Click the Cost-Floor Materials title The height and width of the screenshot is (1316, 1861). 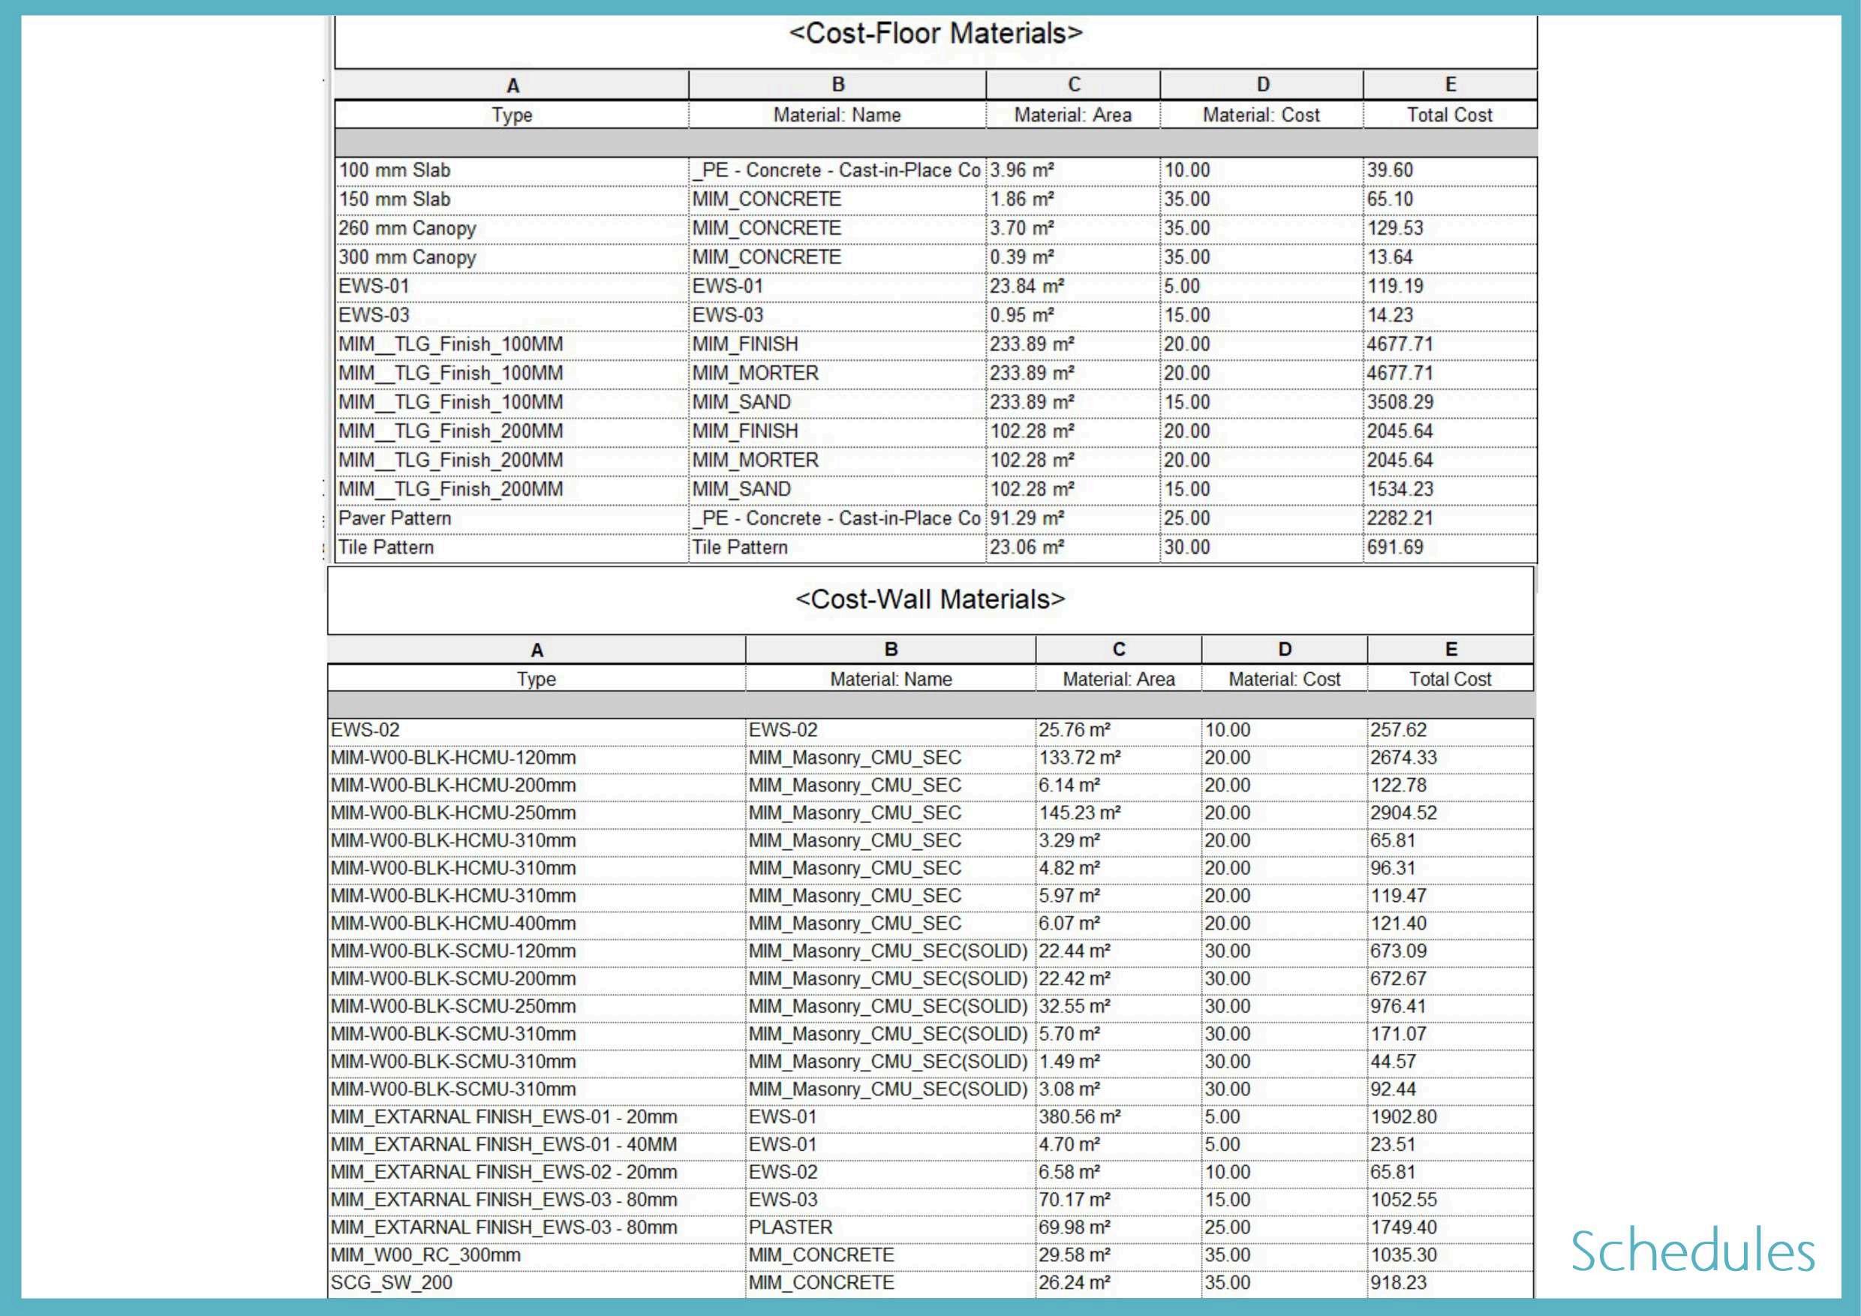(x=935, y=33)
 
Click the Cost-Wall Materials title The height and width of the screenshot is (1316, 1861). (x=930, y=599)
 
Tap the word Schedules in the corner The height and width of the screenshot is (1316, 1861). (x=1692, y=1252)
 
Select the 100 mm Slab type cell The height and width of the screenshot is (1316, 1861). (x=395, y=170)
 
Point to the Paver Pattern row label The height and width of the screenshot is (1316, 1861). (x=395, y=518)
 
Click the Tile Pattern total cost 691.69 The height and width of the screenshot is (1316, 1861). (x=1395, y=548)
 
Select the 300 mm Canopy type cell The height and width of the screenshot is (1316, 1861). (x=407, y=257)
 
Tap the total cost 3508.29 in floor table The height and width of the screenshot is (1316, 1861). (x=1400, y=403)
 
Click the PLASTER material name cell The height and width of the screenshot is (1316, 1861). (x=790, y=1227)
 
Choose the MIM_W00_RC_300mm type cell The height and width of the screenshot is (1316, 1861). (x=425, y=1255)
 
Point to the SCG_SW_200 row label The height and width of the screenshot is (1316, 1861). (x=392, y=1283)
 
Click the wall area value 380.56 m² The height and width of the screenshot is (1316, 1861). (x=1080, y=1116)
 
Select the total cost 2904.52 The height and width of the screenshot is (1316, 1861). (x=1403, y=813)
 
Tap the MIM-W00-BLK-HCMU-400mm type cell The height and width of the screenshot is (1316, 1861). (x=453, y=924)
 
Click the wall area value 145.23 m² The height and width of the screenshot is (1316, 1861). (x=1080, y=813)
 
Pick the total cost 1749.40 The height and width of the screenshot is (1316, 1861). (x=1403, y=1227)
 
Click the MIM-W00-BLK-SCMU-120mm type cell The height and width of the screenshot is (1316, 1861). (x=453, y=951)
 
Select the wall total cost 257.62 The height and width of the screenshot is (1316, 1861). (x=1398, y=730)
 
